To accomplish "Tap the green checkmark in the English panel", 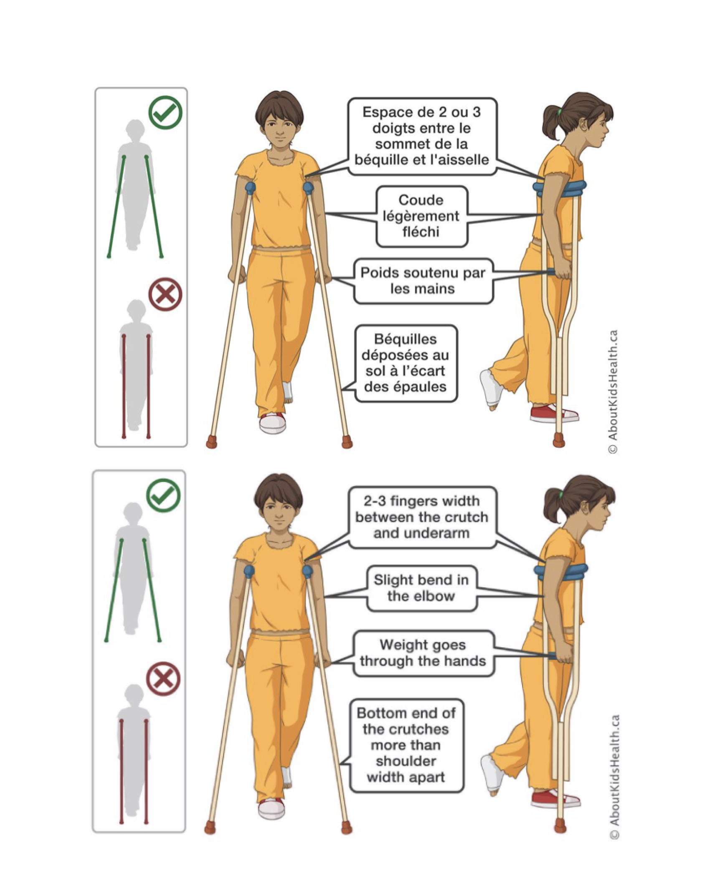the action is (x=163, y=496).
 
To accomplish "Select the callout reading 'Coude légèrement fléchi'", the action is (x=421, y=216).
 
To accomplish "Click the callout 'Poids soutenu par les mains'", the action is (x=423, y=281).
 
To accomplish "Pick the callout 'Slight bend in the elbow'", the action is (x=421, y=588).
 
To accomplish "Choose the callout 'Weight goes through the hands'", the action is (x=423, y=653).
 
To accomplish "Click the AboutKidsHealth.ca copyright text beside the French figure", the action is (x=612, y=391).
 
